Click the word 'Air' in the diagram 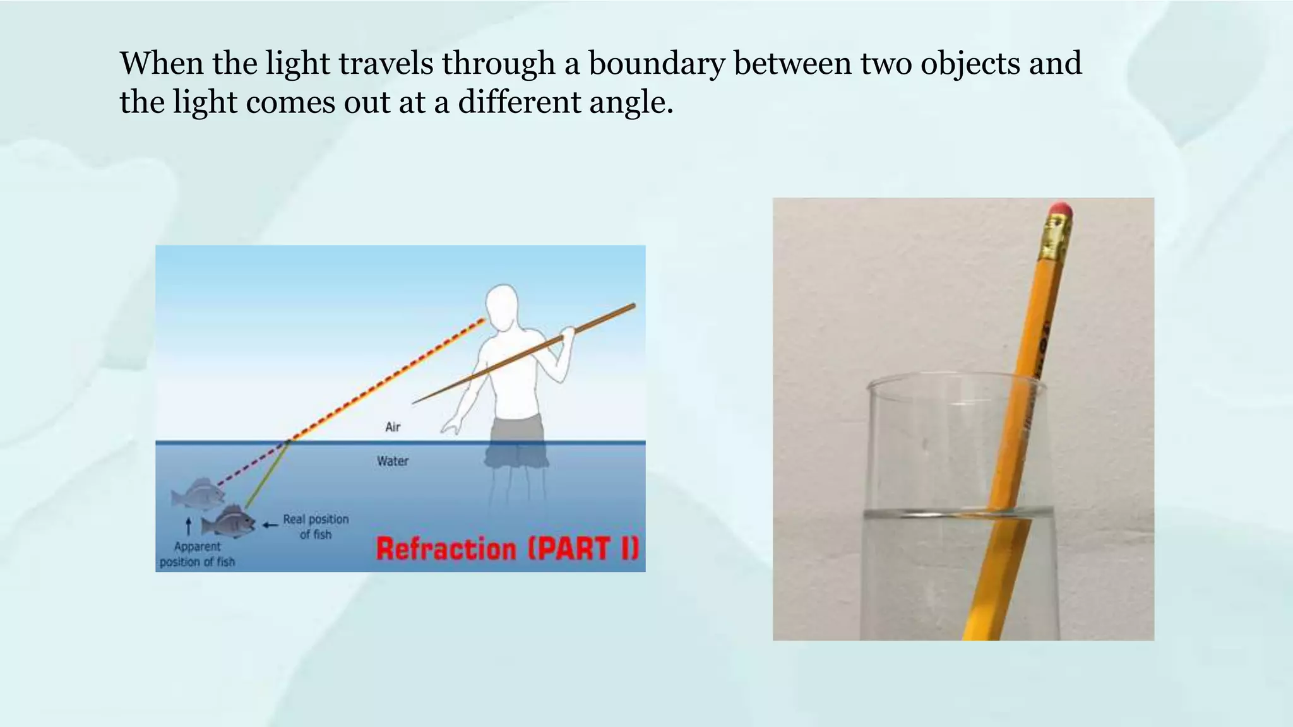pyautogui.click(x=393, y=427)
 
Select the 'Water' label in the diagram pyautogui.click(x=393, y=461)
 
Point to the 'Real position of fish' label pyautogui.click(x=316, y=526)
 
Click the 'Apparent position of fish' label pyautogui.click(x=197, y=554)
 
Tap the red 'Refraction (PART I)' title pyautogui.click(x=508, y=548)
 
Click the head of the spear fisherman pyautogui.click(x=502, y=307)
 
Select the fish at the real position pyautogui.click(x=228, y=521)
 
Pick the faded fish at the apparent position pyautogui.click(x=198, y=493)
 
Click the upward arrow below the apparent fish pyautogui.click(x=188, y=526)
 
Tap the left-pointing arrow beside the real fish pyautogui.click(x=270, y=524)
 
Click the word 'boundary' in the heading pyautogui.click(x=656, y=64)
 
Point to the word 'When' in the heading pyautogui.click(x=162, y=63)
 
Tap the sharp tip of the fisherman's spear pyautogui.click(x=414, y=402)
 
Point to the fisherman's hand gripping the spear pyautogui.click(x=568, y=333)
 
